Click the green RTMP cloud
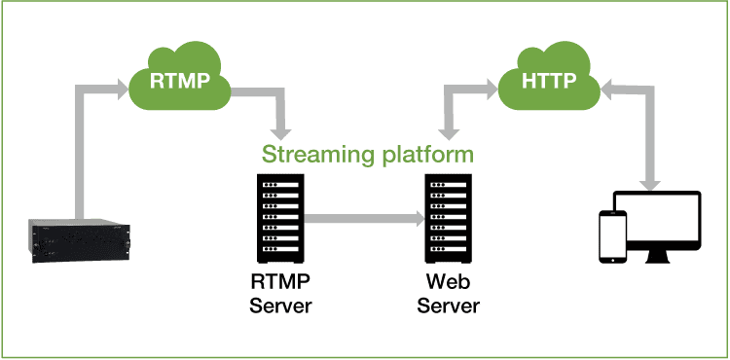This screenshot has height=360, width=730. [x=179, y=81]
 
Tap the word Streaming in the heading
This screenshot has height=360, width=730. [x=312, y=154]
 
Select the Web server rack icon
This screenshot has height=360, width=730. [x=449, y=220]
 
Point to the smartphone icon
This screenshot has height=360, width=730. [x=611, y=236]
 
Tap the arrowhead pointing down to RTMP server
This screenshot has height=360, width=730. [x=283, y=130]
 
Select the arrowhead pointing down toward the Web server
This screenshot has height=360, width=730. [x=449, y=130]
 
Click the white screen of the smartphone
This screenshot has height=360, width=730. [x=611, y=235]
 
